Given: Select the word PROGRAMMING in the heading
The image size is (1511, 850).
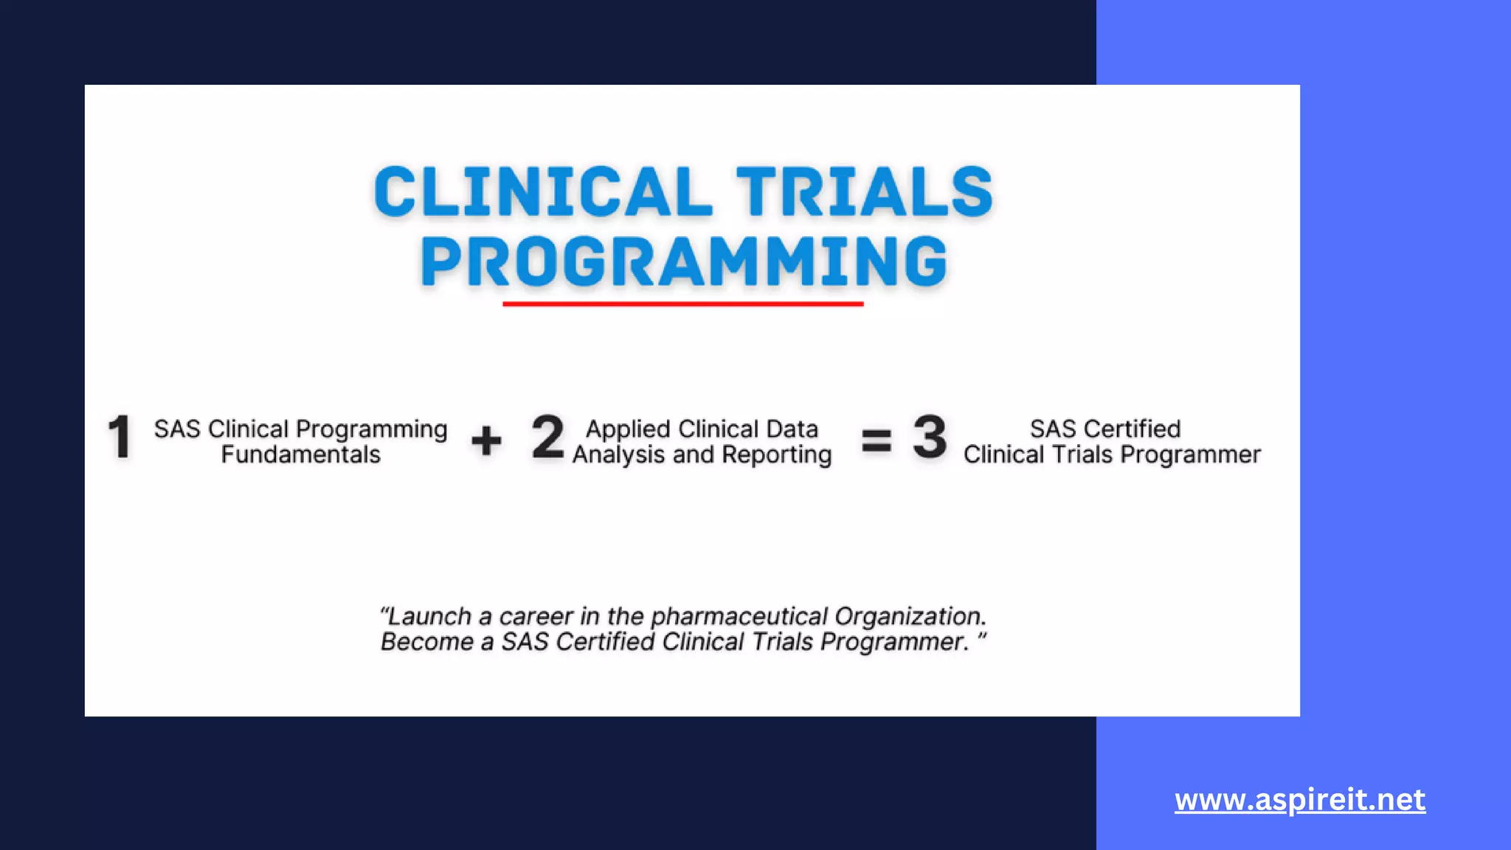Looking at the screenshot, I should coord(683,262).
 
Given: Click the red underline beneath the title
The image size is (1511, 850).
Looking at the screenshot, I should coord(683,303).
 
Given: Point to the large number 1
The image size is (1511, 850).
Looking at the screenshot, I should coord(120,438).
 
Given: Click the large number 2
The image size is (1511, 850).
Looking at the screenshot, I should coord(547,438).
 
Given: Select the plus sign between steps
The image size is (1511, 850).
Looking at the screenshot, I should coord(486,441).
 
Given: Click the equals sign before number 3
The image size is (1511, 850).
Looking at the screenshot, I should coord(876,441).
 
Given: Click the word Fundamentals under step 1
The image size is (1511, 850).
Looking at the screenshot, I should coord(300,455).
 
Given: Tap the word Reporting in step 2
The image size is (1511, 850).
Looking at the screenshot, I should coord(776,455).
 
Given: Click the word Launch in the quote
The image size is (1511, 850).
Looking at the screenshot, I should coord(429,616).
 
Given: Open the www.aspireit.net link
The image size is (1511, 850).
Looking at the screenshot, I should coord(1299,800).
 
